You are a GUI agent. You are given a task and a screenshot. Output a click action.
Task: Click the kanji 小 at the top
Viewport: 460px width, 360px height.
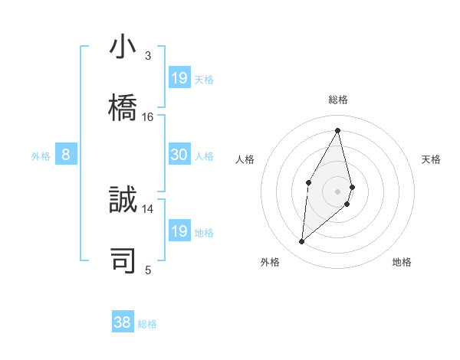123,48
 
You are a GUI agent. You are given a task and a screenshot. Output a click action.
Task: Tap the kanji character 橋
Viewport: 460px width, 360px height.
123,105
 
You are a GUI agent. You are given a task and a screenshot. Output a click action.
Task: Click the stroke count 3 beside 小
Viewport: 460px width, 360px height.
148,56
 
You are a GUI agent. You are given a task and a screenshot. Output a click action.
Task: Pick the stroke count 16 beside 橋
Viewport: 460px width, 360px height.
148,117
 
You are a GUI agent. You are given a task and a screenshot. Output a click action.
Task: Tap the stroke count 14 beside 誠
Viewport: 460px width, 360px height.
148,208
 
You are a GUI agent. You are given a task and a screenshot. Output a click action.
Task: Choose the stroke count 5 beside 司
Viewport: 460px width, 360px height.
148,270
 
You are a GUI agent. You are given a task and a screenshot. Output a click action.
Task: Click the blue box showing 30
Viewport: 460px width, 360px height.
179,155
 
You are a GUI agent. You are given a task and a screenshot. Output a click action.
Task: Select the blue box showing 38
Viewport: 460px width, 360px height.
123,322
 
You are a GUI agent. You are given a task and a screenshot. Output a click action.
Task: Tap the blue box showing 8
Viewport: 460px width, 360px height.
66,155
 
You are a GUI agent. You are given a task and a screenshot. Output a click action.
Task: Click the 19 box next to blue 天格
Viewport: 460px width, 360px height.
179,77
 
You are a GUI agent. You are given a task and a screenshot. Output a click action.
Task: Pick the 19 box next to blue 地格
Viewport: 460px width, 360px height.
179,231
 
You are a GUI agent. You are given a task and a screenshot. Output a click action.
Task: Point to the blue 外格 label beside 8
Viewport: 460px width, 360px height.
41,155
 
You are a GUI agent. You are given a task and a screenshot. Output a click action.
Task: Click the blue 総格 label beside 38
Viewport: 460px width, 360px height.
147,323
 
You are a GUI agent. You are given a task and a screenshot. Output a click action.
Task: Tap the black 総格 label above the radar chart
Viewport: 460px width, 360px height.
337,100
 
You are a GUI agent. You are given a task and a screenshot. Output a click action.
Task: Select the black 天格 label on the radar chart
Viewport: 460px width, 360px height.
432,159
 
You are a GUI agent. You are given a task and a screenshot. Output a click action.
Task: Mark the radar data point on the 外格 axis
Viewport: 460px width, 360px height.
302,242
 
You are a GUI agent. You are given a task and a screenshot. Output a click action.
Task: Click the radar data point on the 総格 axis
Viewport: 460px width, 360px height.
337,129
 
